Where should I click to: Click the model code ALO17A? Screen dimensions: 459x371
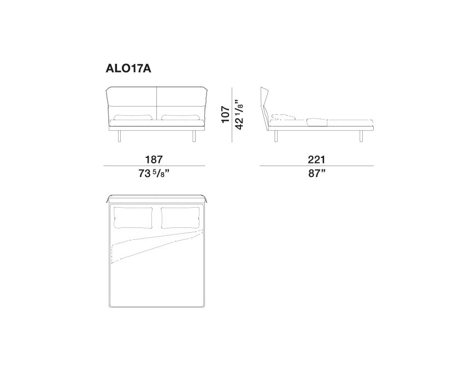pos(128,68)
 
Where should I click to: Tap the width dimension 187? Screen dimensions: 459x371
pos(154,160)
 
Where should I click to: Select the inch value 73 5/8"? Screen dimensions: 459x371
pos(154,174)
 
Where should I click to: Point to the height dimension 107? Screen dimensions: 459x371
pos(225,114)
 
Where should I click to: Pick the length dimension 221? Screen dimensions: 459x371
pos(316,160)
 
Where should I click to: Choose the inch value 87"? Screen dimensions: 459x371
pos(317,174)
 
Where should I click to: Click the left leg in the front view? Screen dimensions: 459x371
pos(119,136)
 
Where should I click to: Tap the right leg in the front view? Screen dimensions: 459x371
pos(194,136)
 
